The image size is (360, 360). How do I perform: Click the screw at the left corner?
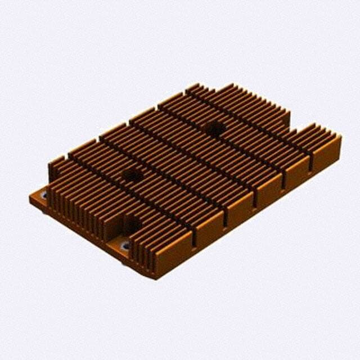tap(43, 196)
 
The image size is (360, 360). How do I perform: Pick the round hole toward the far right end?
tap(214, 128)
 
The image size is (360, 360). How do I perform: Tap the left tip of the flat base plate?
tap(30, 197)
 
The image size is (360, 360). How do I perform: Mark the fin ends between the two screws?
tap(84, 217)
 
